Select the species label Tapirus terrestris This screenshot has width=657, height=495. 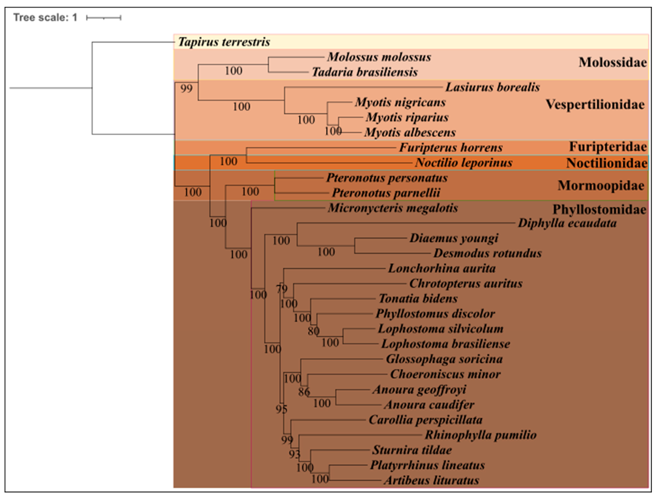point(224,42)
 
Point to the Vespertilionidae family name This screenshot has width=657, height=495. point(595,104)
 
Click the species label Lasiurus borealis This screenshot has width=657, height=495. point(492,87)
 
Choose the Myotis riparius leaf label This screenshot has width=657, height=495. point(407,117)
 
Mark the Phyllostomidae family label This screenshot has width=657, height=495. point(599,209)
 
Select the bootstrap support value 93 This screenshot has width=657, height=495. point(294,454)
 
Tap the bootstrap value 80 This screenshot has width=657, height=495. point(313,331)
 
